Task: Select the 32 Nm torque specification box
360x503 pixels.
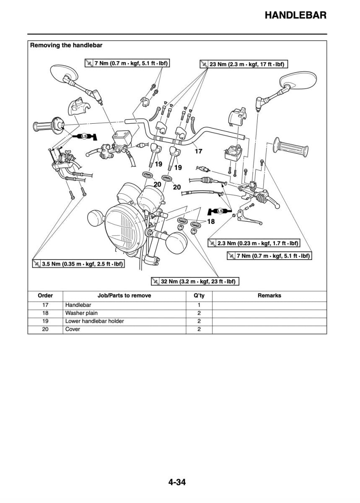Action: (x=194, y=281)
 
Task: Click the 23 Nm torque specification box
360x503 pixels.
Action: (x=244, y=65)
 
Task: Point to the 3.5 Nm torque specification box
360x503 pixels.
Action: (x=78, y=264)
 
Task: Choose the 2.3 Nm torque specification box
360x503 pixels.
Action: (x=254, y=243)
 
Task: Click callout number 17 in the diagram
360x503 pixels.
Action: (x=198, y=151)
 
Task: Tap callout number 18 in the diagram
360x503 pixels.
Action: (x=210, y=221)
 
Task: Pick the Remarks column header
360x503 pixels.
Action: (x=269, y=296)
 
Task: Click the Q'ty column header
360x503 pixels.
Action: (x=199, y=296)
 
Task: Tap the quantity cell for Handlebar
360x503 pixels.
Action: (x=199, y=305)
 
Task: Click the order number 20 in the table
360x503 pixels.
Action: (x=45, y=329)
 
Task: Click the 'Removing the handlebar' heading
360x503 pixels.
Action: (x=66, y=45)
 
